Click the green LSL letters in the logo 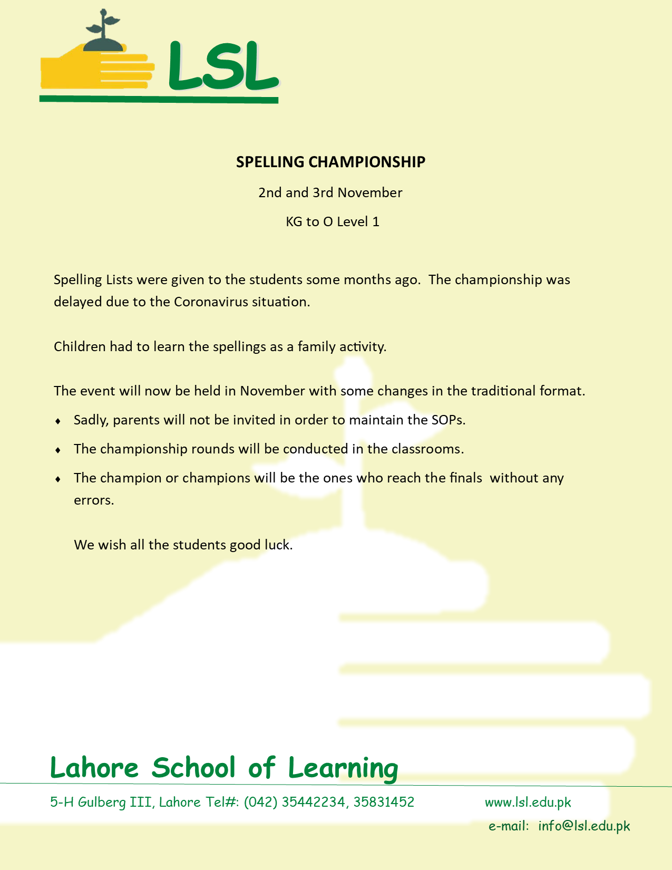222,66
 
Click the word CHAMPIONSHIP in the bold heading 367,162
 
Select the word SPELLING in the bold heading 270,162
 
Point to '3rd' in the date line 323,192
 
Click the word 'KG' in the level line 294,221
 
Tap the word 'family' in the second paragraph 316,347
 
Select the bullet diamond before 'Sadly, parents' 58,421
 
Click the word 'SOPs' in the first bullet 448,420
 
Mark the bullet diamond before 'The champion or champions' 58,479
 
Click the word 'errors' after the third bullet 93,500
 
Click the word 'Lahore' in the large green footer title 94,768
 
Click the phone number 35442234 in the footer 314,802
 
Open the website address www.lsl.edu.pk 528,803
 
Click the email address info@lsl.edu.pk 584,826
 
